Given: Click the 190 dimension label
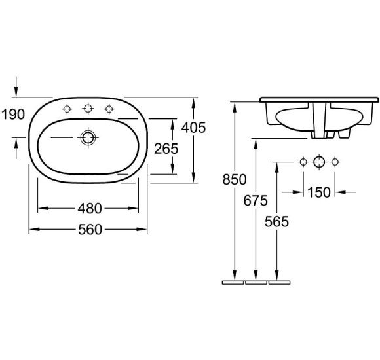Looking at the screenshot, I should [12, 114].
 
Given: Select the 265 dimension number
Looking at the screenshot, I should [166, 149].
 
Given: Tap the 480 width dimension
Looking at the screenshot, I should [89, 209].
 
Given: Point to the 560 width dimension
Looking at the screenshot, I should [89, 230].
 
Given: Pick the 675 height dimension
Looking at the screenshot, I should [256, 200].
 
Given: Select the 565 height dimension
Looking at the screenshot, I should [277, 221].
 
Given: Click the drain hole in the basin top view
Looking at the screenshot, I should [87, 137].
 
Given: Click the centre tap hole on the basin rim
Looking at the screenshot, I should [87, 108].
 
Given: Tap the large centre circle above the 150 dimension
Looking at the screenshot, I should [319, 162].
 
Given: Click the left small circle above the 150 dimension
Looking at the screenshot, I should [303, 162].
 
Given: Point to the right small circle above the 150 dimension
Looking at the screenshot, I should [335, 162].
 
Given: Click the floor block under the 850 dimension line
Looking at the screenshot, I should [233, 283].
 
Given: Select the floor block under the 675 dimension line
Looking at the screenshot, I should [256, 283].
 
